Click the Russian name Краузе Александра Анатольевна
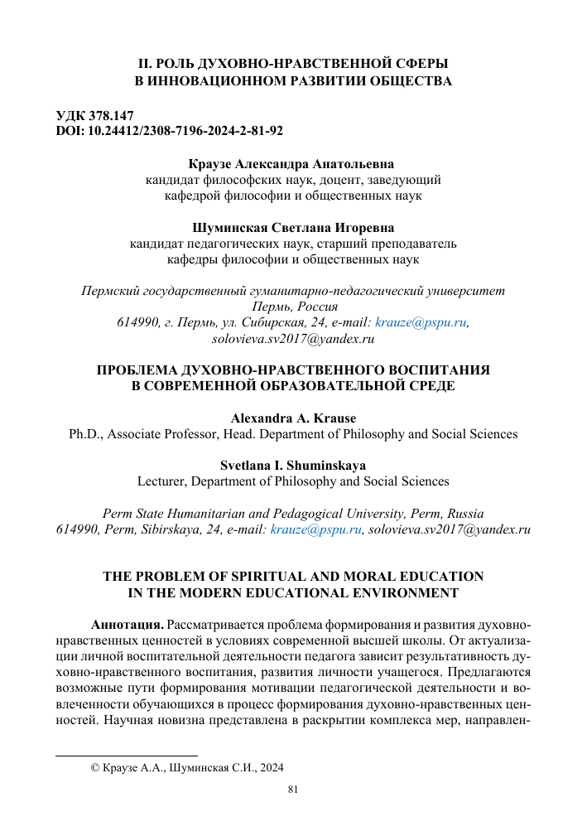coord(292,164)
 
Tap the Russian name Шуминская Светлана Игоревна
coord(292,227)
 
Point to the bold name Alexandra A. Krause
coord(292,418)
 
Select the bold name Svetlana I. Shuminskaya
coord(292,465)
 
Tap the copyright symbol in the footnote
coord(94,768)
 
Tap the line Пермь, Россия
coord(292,307)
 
